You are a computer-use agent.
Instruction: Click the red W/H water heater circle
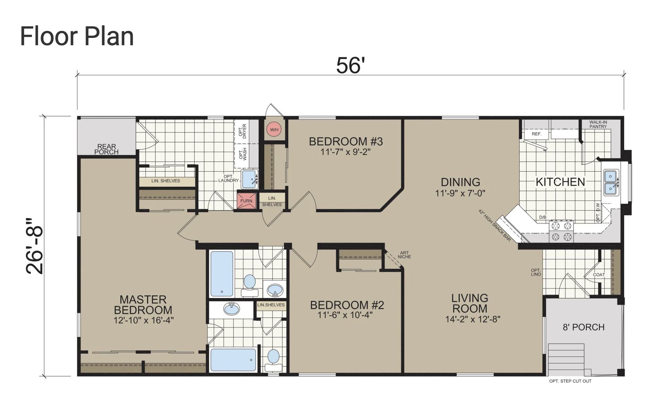click(274, 130)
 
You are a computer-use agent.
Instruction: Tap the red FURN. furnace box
click(247, 201)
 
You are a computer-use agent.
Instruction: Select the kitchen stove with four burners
click(561, 231)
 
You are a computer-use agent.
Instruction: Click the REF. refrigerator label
click(537, 134)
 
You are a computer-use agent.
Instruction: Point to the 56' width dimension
click(350, 65)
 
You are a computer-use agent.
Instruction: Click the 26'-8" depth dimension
click(34, 246)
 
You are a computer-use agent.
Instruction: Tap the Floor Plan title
click(77, 36)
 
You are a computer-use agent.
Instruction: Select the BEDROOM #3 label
click(346, 142)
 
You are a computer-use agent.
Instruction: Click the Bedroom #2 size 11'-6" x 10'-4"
click(346, 315)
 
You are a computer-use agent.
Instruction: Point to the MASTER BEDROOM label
click(143, 305)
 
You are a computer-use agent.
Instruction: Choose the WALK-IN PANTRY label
click(598, 124)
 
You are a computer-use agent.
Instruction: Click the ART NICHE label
click(404, 255)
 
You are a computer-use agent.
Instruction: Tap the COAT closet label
click(599, 275)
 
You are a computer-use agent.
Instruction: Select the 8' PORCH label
click(584, 327)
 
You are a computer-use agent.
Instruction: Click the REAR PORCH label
click(106, 149)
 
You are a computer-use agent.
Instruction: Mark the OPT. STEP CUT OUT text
click(570, 381)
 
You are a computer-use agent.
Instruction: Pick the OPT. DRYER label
click(243, 131)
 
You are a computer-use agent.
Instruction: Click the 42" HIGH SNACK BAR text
click(495, 225)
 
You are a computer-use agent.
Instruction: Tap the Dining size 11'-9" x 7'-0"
click(460, 193)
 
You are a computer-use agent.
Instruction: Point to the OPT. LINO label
click(536, 272)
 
